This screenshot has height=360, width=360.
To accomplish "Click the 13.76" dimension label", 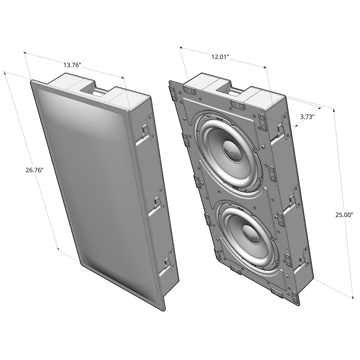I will (x=72, y=65).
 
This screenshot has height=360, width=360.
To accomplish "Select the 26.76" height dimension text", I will (x=35, y=170).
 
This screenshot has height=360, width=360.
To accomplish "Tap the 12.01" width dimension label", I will (x=220, y=57).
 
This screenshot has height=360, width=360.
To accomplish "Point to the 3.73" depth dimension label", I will (x=307, y=117).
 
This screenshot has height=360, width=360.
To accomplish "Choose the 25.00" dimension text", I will (x=345, y=215).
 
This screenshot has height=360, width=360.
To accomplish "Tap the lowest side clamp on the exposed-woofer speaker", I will (x=303, y=261).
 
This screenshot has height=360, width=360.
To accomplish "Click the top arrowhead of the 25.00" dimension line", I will (x=334, y=109).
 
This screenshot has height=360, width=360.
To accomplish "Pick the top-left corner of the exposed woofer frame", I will (x=170, y=82).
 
